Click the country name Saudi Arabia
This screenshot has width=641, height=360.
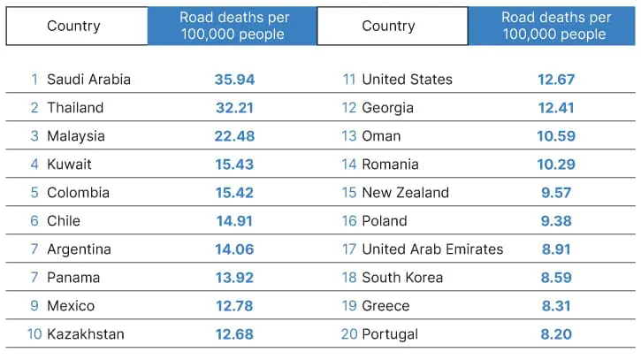[88, 80]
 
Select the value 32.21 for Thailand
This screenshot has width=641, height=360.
[234, 108]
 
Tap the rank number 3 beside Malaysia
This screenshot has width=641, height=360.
[34, 136]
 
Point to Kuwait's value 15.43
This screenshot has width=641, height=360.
[234, 165]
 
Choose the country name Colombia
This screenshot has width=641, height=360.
[78, 193]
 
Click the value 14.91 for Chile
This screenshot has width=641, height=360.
[234, 221]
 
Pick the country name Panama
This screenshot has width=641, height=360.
[73, 278]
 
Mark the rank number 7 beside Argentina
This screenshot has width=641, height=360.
[34, 249]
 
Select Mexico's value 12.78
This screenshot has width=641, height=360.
[234, 306]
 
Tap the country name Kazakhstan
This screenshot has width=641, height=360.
[86, 334]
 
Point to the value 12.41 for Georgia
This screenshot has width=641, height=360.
[556, 108]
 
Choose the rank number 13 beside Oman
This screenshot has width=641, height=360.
[349, 136]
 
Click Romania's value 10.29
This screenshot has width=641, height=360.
[556, 165]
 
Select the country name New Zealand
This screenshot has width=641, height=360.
[405, 193]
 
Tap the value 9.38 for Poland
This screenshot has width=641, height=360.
[556, 221]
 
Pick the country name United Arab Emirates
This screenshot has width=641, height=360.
[432, 249]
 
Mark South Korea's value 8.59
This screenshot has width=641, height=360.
[556, 278]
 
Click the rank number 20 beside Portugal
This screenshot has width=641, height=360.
[349, 334]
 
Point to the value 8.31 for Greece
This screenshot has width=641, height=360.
[556, 306]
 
